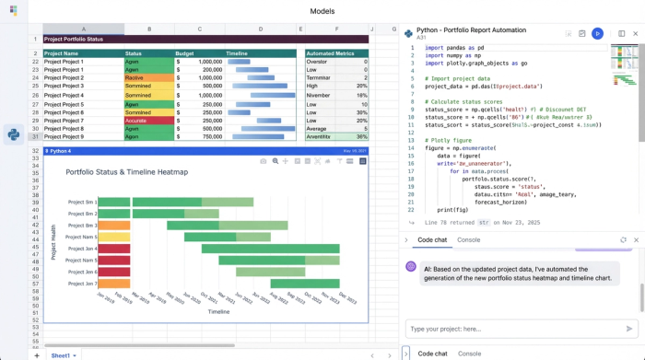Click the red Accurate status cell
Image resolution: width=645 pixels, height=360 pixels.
click(x=149, y=120)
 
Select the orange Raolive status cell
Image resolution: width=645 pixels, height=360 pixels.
click(x=149, y=77)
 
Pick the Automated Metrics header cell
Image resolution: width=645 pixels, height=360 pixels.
click(x=336, y=53)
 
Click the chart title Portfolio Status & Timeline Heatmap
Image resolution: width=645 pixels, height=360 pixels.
click(x=126, y=172)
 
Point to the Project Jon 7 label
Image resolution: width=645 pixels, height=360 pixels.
click(x=82, y=284)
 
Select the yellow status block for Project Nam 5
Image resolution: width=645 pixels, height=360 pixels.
click(x=114, y=237)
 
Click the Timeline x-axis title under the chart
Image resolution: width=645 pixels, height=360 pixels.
click(x=218, y=311)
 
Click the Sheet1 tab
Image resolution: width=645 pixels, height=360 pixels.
click(x=63, y=354)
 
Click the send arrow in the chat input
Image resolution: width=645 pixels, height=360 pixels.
click(x=629, y=329)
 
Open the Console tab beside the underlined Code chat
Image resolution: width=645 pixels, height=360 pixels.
click(x=469, y=239)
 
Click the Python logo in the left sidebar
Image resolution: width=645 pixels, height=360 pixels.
click(x=14, y=134)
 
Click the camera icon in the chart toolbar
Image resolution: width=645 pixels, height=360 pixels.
click(x=263, y=161)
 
